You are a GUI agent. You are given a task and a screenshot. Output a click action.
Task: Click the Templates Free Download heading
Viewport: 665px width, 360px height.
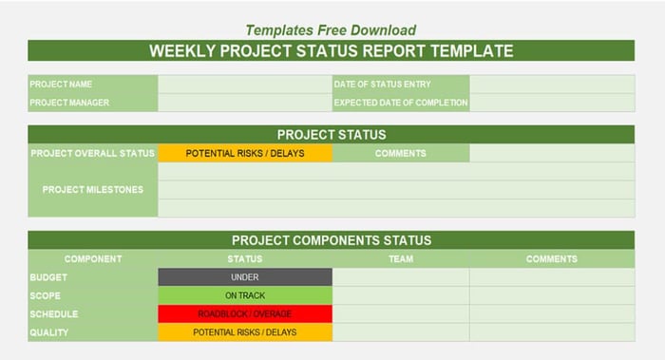331,30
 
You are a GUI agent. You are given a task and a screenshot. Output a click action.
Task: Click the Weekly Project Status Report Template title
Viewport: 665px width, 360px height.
331,51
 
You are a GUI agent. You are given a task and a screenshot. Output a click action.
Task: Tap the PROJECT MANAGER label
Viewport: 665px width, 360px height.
69,103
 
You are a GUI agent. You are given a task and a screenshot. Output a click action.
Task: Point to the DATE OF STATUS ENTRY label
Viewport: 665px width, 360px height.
382,85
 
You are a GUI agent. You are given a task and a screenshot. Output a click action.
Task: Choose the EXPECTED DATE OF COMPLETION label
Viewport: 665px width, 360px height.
400,103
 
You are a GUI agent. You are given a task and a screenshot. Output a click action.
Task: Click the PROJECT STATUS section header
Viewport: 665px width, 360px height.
331,135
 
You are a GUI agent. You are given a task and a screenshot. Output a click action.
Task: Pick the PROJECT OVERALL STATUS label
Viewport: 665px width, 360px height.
92,153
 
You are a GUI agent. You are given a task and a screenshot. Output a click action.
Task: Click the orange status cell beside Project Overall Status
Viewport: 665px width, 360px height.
245,153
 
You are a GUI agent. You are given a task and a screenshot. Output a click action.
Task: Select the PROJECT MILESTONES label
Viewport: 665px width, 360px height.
92,189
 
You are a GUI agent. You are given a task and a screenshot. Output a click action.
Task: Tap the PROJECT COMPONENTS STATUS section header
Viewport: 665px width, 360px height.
331,240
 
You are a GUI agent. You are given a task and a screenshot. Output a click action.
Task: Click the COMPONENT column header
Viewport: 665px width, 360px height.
92,258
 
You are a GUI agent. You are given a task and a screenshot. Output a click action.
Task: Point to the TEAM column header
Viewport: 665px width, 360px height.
400,258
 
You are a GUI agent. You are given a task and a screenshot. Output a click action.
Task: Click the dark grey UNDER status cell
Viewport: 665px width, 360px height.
245,277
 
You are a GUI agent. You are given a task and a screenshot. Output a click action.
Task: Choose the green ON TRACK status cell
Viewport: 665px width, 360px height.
245,295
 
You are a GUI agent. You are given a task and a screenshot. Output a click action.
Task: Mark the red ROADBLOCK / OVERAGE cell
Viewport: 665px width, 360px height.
245,313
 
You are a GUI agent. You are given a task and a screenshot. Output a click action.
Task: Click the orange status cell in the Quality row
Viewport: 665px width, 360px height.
245,332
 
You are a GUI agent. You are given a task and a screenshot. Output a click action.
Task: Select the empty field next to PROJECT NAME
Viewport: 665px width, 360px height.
245,85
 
